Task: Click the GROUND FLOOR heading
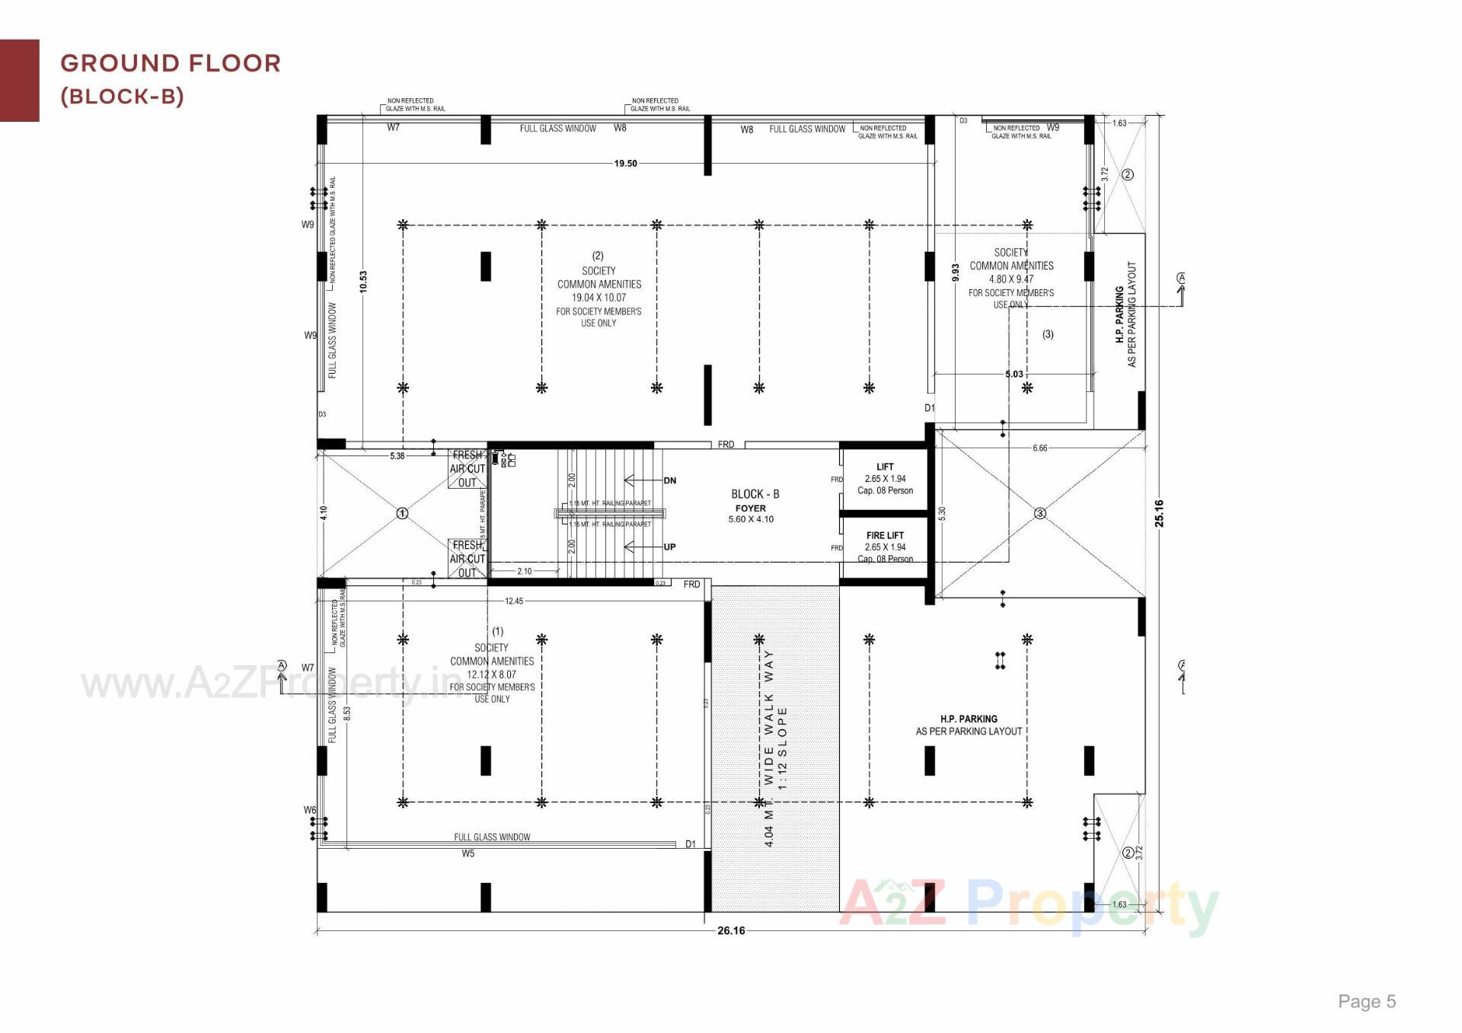click(171, 63)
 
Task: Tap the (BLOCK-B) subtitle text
click(122, 97)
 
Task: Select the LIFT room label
click(885, 467)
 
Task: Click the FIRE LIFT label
click(885, 535)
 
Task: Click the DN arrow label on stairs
click(669, 480)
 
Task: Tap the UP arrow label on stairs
click(669, 547)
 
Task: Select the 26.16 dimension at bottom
click(731, 930)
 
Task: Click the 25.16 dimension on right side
click(1159, 513)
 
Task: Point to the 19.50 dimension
click(625, 164)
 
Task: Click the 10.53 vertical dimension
click(363, 282)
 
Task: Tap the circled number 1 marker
click(403, 513)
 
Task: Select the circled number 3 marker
click(1039, 513)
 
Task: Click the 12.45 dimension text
click(514, 601)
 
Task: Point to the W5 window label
click(468, 853)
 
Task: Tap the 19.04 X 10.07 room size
click(599, 298)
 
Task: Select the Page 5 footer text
click(1367, 1001)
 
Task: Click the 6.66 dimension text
click(1039, 448)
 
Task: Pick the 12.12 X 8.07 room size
click(491, 674)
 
